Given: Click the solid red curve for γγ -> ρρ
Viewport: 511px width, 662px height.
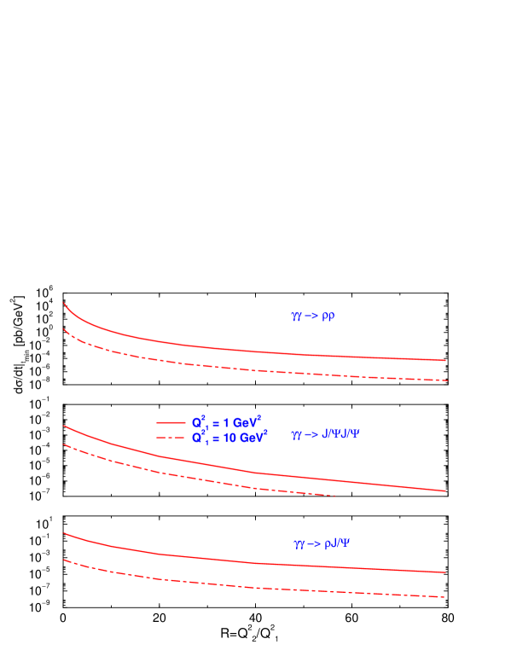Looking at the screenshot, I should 256,351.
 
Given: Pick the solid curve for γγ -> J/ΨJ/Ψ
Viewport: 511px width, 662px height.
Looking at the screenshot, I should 256,470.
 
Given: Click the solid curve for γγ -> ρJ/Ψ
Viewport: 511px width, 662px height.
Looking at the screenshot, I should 256,563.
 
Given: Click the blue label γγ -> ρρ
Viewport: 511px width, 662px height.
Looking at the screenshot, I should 313,316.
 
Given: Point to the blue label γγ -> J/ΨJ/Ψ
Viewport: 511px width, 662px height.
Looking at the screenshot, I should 326,434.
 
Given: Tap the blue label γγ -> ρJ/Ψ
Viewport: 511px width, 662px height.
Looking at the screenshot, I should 321,543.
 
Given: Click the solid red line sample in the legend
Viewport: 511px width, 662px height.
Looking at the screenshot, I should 171,422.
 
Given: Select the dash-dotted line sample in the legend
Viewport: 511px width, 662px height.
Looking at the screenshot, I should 171,438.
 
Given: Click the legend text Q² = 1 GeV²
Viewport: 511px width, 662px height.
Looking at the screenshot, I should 226,421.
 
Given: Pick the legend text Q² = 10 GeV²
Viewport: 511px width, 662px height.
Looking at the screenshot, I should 229,437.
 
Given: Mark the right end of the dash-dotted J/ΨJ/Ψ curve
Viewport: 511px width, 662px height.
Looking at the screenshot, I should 336,496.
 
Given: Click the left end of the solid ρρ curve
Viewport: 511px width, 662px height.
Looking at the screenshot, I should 63,303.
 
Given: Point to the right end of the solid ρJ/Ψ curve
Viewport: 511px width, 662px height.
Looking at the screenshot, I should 446,572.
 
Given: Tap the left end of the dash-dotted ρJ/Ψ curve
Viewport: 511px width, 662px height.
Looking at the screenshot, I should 63,560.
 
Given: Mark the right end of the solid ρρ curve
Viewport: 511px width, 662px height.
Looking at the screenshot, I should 446,360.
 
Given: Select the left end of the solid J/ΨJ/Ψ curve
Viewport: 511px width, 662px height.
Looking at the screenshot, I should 63,425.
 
